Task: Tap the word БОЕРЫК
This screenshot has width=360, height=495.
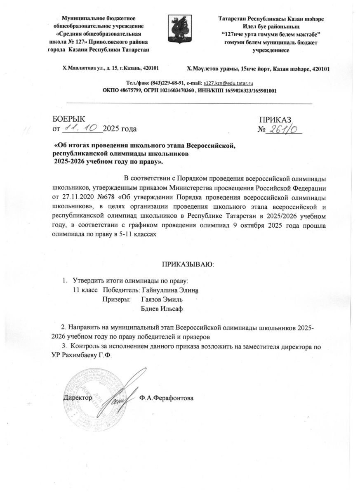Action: click(68, 119)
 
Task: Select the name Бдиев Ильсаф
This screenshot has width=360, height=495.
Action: click(162, 309)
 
